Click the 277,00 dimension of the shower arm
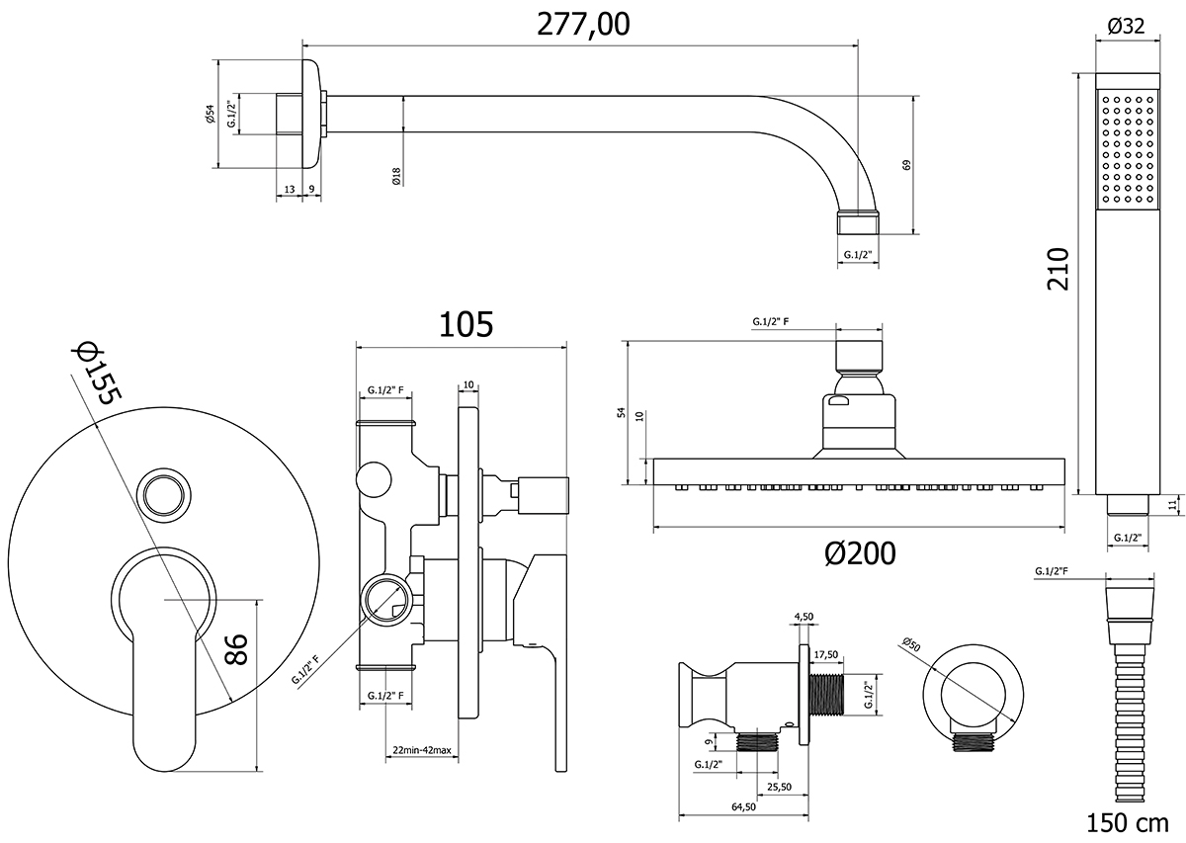pos(583,25)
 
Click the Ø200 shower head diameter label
pos(860,553)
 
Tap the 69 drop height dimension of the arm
pos(906,165)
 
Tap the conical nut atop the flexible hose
pos(1127,603)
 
